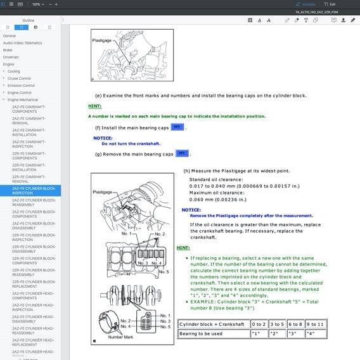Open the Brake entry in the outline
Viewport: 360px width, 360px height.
pyautogui.click(x=8, y=49)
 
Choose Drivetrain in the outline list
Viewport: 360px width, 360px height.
pyautogui.click(x=10, y=56)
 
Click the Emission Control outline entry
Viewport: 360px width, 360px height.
pyautogui.click(x=21, y=86)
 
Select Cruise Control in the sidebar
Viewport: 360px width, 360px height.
pyautogui.click(x=20, y=78)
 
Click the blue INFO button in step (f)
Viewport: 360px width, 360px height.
pyautogui.click(x=177, y=127)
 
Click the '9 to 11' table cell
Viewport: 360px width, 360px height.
pyautogui.click(x=315, y=324)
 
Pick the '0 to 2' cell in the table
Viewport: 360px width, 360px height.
pyautogui.click(x=258, y=324)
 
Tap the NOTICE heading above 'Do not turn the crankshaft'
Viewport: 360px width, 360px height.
pyautogui.click(x=103, y=138)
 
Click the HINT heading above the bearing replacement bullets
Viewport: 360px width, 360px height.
pyautogui.click(x=183, y=248)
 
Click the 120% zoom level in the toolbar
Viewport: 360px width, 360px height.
pyautogui.click(x=37, y=4)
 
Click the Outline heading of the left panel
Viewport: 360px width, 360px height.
pyautogui.click(x=29, y=20)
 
